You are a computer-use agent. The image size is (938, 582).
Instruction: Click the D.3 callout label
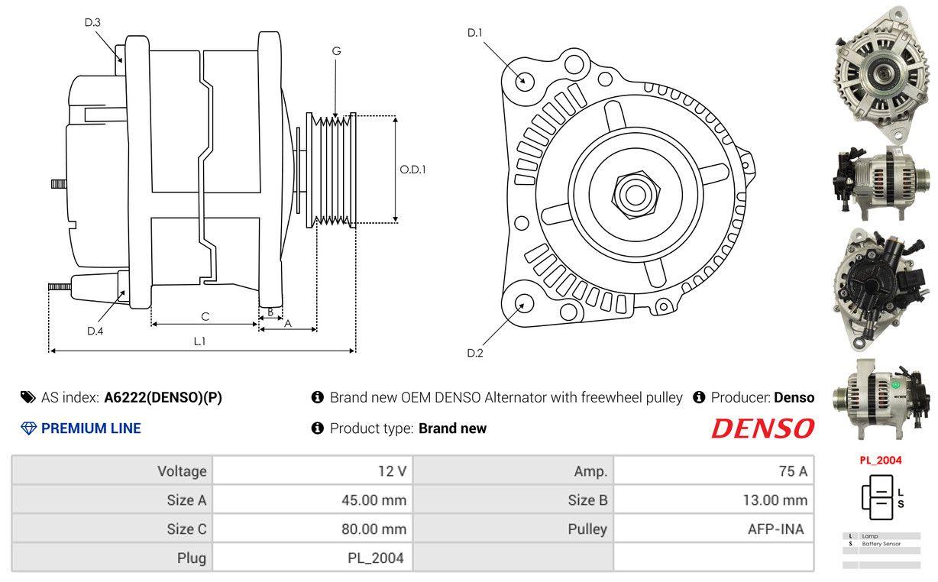[92, 23]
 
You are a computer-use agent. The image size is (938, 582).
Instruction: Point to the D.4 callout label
[95, 331]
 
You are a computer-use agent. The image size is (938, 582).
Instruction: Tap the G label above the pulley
[336, 51]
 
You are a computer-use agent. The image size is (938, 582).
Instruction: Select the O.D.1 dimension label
[412, 170]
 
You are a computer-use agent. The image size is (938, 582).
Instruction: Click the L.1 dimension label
[199, 341]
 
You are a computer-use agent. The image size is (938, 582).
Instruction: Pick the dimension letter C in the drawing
[205, 316]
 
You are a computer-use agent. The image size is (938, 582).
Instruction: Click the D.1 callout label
[475, 33]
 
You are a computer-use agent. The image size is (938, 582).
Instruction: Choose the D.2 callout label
[475, 353]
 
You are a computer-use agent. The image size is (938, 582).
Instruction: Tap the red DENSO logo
[762, 428]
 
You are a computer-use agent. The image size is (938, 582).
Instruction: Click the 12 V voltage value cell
[392, 471]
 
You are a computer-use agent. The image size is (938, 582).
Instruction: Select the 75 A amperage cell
[792, 471]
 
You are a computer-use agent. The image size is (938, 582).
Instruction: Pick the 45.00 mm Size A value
[374, 500]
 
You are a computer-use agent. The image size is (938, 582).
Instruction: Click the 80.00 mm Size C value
[374, 529]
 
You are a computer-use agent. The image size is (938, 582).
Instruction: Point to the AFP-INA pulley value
[775, 529]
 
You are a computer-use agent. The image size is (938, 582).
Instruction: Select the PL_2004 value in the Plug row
[375, 558]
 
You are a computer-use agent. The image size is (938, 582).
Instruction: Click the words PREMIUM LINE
[91, 428]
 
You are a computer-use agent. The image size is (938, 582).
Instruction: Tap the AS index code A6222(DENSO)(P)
[163, 398]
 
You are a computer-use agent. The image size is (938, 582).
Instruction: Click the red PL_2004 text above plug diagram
[880, 461]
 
